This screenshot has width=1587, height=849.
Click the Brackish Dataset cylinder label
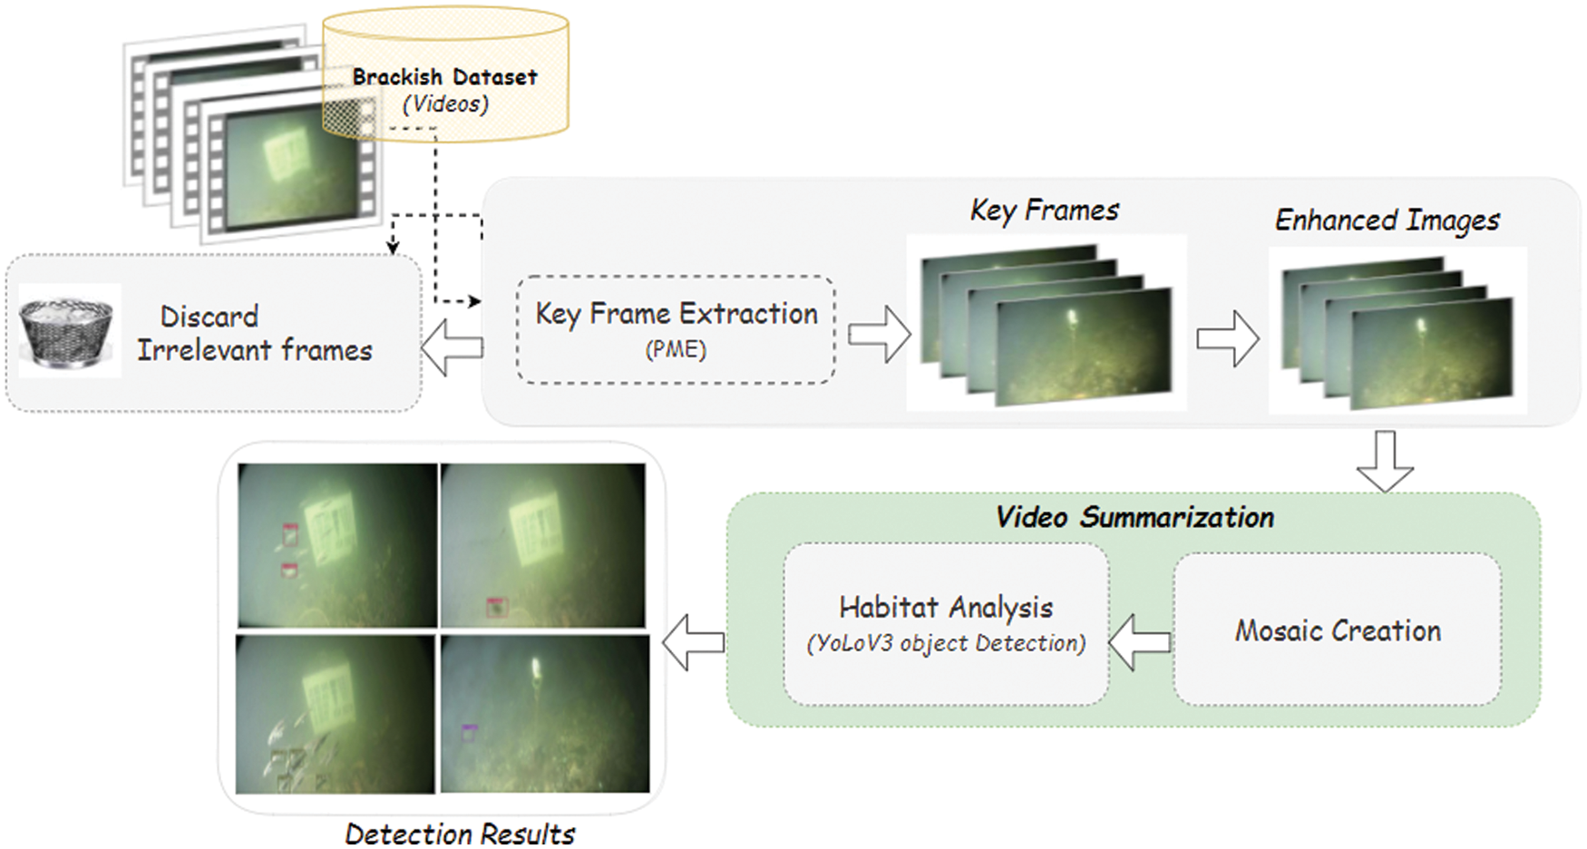click(x=444, y=78)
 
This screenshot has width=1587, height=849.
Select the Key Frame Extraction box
click(x=676, y=329)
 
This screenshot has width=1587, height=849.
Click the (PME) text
click(x=676, y=349)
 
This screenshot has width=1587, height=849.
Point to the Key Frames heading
click(x=1044, y=210)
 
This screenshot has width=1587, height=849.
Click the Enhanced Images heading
click(x=1387, y=220)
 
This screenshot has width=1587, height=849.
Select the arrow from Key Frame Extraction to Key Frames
click(x=879, y=335)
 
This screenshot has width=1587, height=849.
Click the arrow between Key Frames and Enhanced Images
click(x=1227, y=338)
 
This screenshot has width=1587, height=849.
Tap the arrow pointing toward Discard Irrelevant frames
click(x=453, y=347)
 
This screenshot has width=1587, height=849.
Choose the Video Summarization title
click(x=1134, y=517)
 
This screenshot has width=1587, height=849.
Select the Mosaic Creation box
click(x=1337, y=630)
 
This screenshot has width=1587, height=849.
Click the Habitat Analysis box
click(x=946, y=624)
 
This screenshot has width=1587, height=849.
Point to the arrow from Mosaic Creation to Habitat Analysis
click(x=1140, y=642)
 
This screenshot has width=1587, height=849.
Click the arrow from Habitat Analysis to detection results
click(x=695, y=642)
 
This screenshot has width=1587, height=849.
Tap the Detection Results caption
click(x=460, y=834)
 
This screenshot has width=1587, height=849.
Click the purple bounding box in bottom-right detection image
click(x=469, y=731)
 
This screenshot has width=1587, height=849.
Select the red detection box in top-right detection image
click(x=495, y=607)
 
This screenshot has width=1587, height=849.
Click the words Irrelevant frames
click(x=255, y=350)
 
